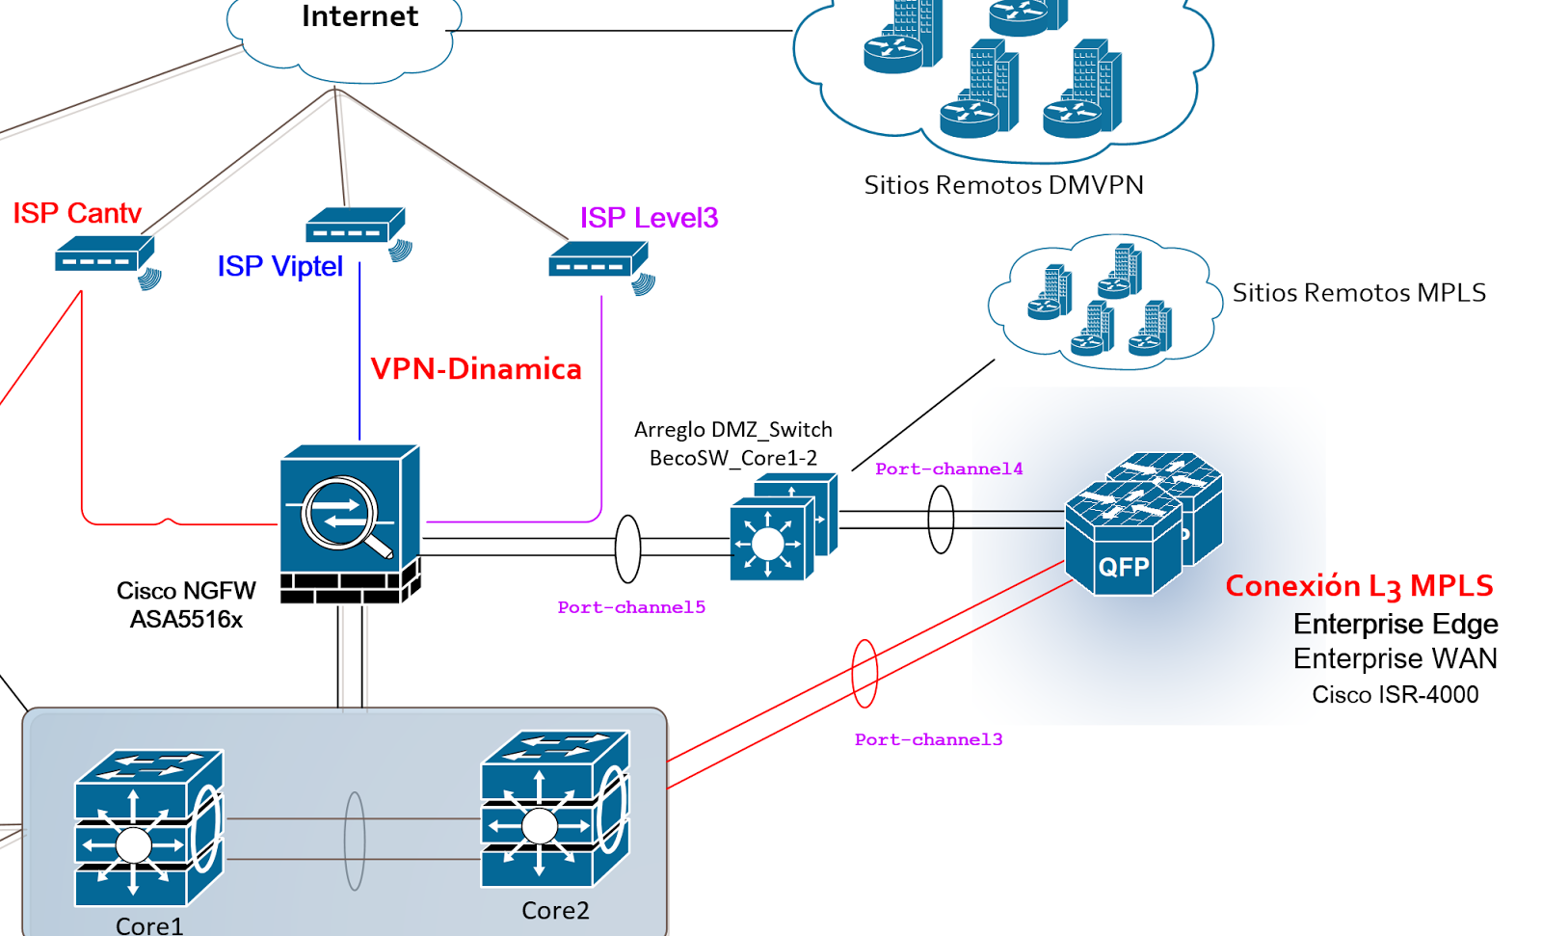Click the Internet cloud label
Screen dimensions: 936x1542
(x=359, y=16)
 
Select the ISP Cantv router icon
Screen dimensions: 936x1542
(x=104, y=256)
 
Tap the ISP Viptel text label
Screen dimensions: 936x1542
(x=279, y=266)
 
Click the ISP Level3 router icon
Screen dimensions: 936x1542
(x=598, y=262)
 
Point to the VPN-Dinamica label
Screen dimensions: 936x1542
(x=476, y=369)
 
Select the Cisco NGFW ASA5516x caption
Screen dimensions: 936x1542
(x=186, y=604)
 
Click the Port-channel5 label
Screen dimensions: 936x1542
(x=631, y=607)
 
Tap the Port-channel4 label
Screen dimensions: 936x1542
(x=948, y=469)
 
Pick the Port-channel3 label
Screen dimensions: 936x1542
(x=928, y=739)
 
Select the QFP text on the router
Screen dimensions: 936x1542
(x=1123, y=567)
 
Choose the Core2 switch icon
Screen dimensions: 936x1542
(x=553, y=810)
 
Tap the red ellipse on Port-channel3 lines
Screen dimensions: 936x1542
(x=864, y=674)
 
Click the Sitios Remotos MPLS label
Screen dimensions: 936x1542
(x=1359, y=293)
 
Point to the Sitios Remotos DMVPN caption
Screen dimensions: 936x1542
(x=1003, y=185)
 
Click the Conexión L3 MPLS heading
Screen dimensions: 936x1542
(x=1359, y=586)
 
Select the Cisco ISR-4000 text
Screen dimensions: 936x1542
(x=1395, y=695)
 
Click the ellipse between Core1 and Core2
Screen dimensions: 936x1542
(x=355, y=841)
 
